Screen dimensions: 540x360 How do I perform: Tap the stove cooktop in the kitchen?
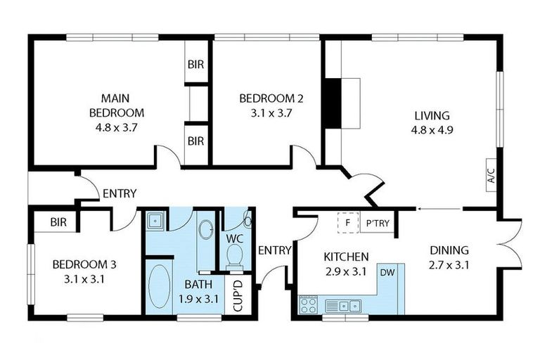[308, 305]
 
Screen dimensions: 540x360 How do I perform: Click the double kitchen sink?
[343, 306]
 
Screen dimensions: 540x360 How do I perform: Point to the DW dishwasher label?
[387, 273]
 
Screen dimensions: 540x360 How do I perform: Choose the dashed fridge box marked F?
[348, 223]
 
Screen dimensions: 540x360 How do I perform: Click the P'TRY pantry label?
[378, 224]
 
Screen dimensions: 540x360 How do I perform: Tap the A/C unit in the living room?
[491, 175]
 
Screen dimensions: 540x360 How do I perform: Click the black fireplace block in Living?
[333, 103]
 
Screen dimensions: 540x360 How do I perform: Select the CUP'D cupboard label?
[238, 296]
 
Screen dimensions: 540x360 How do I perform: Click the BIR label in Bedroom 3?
[58, 222]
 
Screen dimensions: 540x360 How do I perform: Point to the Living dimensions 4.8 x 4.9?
[432, 130]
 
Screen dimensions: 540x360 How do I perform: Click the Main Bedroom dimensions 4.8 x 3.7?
[117, 128]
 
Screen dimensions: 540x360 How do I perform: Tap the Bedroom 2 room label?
[271, 99]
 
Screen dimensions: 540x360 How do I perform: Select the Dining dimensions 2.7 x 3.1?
[449, 265]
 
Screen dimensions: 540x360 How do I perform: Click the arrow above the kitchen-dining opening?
[439, 209]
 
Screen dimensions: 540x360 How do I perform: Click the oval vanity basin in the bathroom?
[206, 229]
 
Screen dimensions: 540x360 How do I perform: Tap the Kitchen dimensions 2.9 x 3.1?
[346, 272]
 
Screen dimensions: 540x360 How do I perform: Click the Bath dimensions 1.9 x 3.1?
[198, 299]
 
